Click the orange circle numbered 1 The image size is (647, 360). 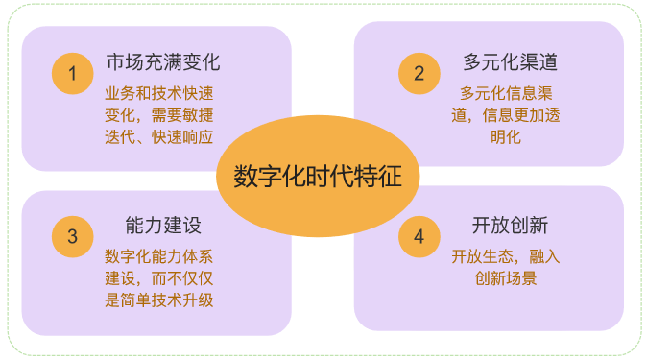[x=72, y=73]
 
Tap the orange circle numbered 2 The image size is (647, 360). [x=419, y=73]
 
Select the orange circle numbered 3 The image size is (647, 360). [x=72, y=236]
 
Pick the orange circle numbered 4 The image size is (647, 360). [x=419, y=236]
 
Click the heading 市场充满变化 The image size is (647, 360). [x=163, y=63]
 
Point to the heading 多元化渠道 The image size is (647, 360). [x=510, y=63]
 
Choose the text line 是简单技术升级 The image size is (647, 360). [x=158, y=300]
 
